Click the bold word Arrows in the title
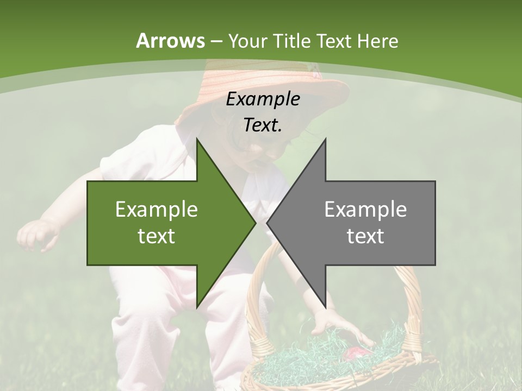tap(170, 41)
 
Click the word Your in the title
tap(248, 41)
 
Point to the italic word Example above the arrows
tap(263, 99)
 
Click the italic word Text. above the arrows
tap(263, 125)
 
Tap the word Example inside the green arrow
tap(156, 209)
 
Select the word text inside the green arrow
tap(156, 236)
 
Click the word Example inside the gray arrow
tap(365, 209)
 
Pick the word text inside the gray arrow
tap(365, 236)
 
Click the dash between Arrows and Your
tap(216, 41)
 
